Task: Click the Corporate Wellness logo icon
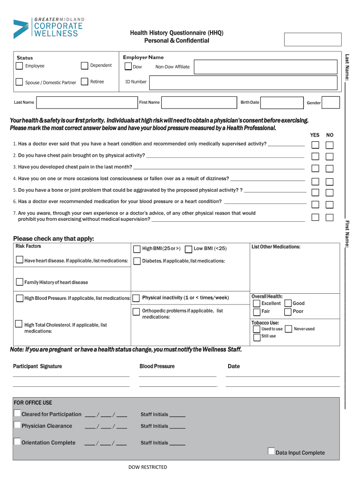21,29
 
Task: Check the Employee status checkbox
19,66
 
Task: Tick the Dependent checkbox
84,65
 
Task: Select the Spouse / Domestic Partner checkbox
19,82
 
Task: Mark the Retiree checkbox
84,81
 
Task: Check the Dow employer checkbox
128,67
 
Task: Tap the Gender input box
331,102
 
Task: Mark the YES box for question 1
316,145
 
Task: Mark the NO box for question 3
330,168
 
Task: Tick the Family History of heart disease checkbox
20,282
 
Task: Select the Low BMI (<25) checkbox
188,249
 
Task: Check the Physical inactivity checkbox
136,298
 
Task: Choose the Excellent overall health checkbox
257,303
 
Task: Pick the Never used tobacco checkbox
288,329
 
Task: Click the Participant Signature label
37,366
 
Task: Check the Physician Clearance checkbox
17,425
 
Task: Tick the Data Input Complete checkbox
271,451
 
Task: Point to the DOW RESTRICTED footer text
148,467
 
